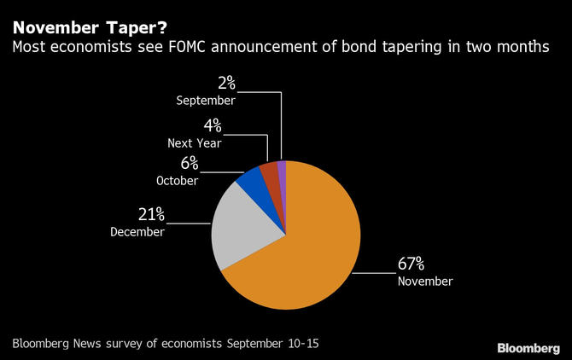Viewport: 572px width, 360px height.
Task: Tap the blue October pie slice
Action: pos(252,178)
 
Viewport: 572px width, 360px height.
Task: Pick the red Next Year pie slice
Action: pos(270,171)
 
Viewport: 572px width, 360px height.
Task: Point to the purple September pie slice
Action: pos(282,169)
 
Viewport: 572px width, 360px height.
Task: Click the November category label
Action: pos(424,281)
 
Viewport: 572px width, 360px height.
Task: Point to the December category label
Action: pos(137,231)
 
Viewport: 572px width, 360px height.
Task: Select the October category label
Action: pos(178,181)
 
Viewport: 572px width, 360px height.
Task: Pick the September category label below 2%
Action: pos(206,100)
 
